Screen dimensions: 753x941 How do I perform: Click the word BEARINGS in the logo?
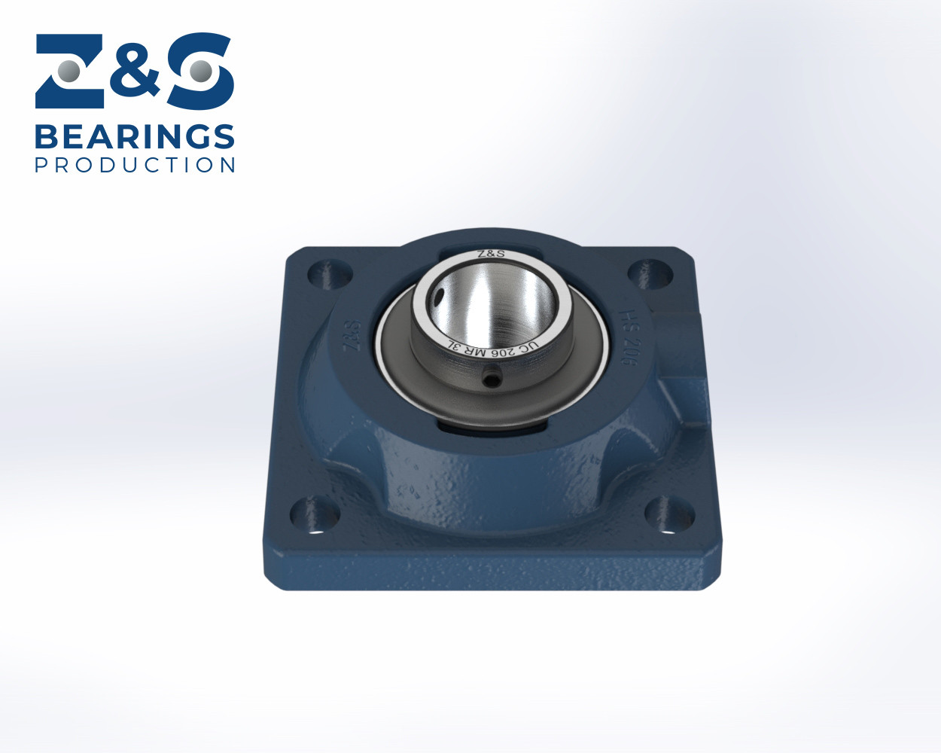(135, 137)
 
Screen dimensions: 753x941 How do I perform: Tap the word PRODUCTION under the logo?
(135, 165)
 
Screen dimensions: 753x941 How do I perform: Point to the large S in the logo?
(200, 71)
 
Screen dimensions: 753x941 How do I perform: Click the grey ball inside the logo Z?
(69, 72)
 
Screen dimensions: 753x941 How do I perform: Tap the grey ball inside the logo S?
(200, 72)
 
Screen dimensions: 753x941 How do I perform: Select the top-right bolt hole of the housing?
(650, 273)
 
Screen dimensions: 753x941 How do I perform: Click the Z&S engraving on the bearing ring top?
(492, 254)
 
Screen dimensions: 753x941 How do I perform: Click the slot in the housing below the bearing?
(493, 431)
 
